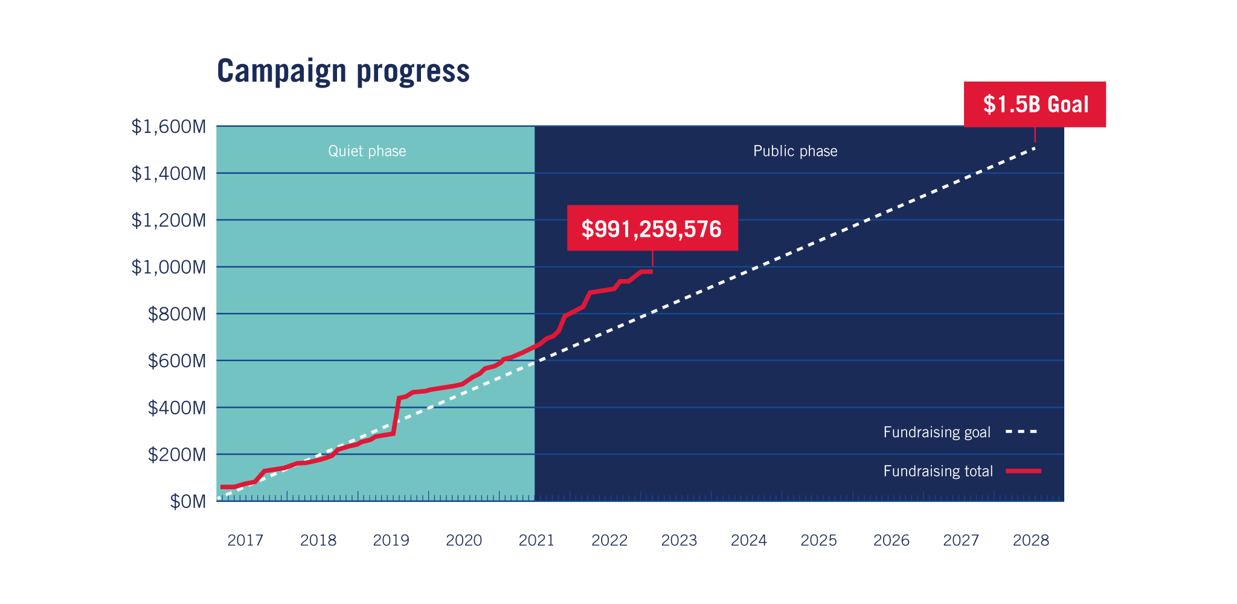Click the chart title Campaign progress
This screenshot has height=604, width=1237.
click(x=342, y=71)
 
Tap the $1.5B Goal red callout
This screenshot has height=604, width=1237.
click(x=1035, y=104)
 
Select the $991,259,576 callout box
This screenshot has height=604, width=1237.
click(x=652, y=228)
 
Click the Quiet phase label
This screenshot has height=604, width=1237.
click(x=367, y=151)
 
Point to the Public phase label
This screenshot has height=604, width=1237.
click(x=795, y=151)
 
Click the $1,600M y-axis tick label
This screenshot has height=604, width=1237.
click(x=169, y=127)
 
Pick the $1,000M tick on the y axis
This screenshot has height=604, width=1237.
click(x=169, y=267)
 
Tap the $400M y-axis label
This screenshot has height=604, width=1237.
click(x=176, y=408)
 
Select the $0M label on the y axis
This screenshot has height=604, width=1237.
click(x=187, y=501)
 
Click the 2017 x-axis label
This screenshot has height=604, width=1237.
click(x=245, y=540)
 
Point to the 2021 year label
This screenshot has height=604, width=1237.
click(x=536, y=540)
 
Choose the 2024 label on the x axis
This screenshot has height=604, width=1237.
click(x=748, y=540)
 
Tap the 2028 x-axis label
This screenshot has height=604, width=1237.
click(x=1030, y=540)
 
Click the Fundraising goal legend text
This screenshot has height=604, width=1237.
click(x=936, y=432)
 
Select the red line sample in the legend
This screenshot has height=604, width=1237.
click(x=1023, y=471)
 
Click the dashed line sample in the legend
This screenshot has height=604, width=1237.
click(x=1021, y=432)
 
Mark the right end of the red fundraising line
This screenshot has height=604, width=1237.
click(x=651, y=272)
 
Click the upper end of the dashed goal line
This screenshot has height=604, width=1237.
click(x=1034, y=147)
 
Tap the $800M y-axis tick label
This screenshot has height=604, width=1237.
click(x=176, y=314)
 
